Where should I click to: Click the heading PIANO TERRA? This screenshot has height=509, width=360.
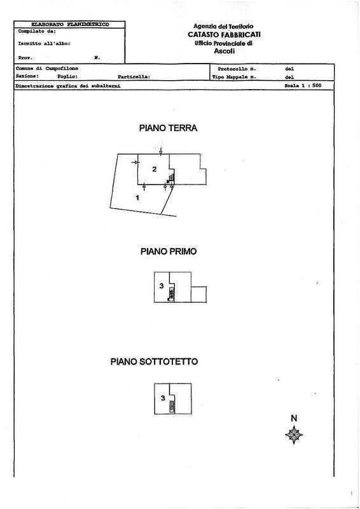click(x=168, y=128)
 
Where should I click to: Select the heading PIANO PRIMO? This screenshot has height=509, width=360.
click(x=169, y=251)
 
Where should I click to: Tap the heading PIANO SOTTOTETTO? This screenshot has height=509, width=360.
click(x=154, y=361)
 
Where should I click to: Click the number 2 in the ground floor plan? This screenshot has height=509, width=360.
click(x=155, y=169)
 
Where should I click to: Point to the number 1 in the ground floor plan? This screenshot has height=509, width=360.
click(x=137, y=198)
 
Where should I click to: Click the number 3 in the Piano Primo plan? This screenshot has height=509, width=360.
click(x=162, y=286)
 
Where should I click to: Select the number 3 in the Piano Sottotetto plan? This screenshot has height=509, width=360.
click(x=163, y=398)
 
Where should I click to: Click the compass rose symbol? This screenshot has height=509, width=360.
click(x=294, y=435)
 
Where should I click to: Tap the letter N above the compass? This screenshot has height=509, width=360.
click(x=294, y=418)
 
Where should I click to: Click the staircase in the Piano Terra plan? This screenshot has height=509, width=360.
click(x=170, y=178)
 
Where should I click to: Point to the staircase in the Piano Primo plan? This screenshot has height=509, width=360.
click(x=171, y=295)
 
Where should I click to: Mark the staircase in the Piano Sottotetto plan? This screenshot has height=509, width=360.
click(x=172, y=406)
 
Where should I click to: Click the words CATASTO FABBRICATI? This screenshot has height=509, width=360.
click(x=224, y=34)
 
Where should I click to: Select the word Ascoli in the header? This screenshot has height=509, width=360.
click(x=225, y=51)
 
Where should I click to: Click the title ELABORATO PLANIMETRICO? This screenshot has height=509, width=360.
click(x=70, y=24)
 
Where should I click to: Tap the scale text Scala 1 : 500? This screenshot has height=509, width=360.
click(x=303, y=85)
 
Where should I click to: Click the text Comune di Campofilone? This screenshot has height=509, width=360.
click(x=46, y=69)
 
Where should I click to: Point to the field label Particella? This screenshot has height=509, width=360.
click(x=134, y=77)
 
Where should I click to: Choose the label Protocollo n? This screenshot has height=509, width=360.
click(x=237, y=69)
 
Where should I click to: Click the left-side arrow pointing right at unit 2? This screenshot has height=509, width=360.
click(x=135, y=162)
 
